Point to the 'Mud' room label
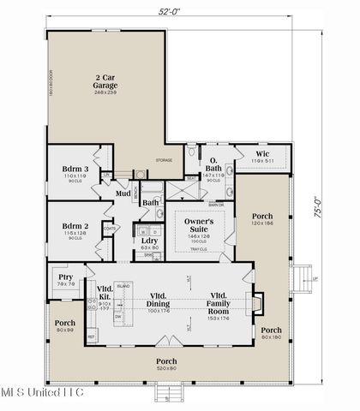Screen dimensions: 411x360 [123, 194]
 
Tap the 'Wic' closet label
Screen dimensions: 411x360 [262, 154]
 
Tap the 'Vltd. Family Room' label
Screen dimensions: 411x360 [221, 299]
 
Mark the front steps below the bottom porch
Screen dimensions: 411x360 [168, 393]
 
